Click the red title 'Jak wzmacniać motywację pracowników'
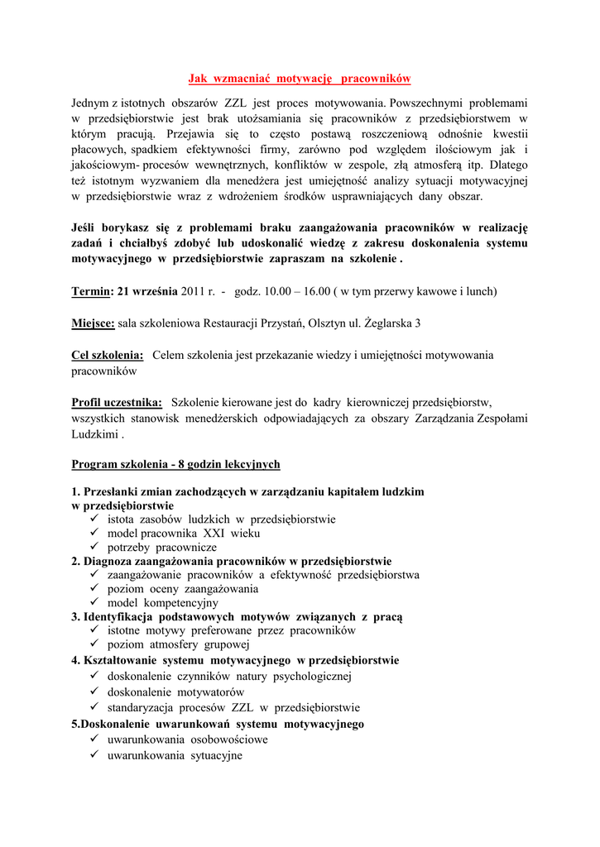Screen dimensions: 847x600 click(300, 79)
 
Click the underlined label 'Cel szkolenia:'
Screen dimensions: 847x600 click(108, 355)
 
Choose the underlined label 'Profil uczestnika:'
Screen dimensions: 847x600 click(117, 402)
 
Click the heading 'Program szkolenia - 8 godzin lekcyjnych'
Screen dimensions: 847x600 click(175, 464)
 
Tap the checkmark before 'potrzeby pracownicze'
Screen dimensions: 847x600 click(94, 547)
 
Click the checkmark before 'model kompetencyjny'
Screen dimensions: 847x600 click(94, 602)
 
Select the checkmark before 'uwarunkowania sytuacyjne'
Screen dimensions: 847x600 click(94, 754)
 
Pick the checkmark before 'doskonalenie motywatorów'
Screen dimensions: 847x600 click(94, 691)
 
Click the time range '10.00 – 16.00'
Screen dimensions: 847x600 click(295, 291)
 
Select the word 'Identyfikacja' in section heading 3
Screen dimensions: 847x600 click(121, 616)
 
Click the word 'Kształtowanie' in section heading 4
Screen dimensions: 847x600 click(121, 661)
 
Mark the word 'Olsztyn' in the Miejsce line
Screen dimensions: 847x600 click(329, 323)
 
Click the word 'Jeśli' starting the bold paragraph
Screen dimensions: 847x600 click(86, 228)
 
